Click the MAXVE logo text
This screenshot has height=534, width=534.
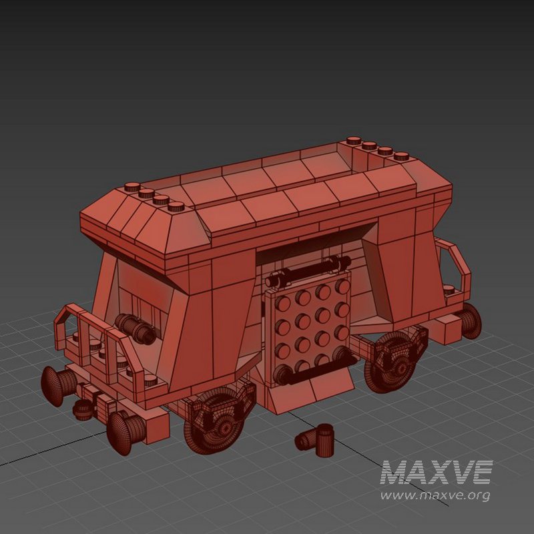[x=437, y=473]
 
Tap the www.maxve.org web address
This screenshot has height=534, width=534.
[x=435, y=495]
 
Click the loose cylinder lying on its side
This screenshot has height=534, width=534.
[x=305, y=441]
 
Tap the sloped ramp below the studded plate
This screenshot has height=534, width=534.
[x=314, y=394]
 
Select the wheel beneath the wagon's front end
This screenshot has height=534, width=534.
[x=218, y=421]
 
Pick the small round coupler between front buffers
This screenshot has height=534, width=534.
[x=83, y=409]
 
